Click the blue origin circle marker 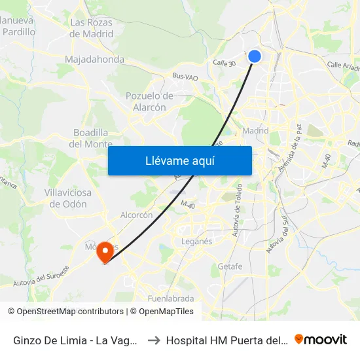pyautogui.click(x=255, y=56)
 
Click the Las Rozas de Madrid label pyautogui.click(x=91, y=28)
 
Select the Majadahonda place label pyautogui.click(x=94, y=60)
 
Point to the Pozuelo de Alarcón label pyautogui.click(x=149, y=101)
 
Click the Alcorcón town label pyautogui.click(x=137, y=215)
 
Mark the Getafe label pyautogui.click(x=230, y=266)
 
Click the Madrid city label pyautogui.click(x=255, y=130)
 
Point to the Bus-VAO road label pyautogui.click(x=185, y=76)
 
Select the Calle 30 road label pyautogui.click(x=224, y=62)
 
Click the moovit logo pyautogui.click(x=321, y=340)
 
